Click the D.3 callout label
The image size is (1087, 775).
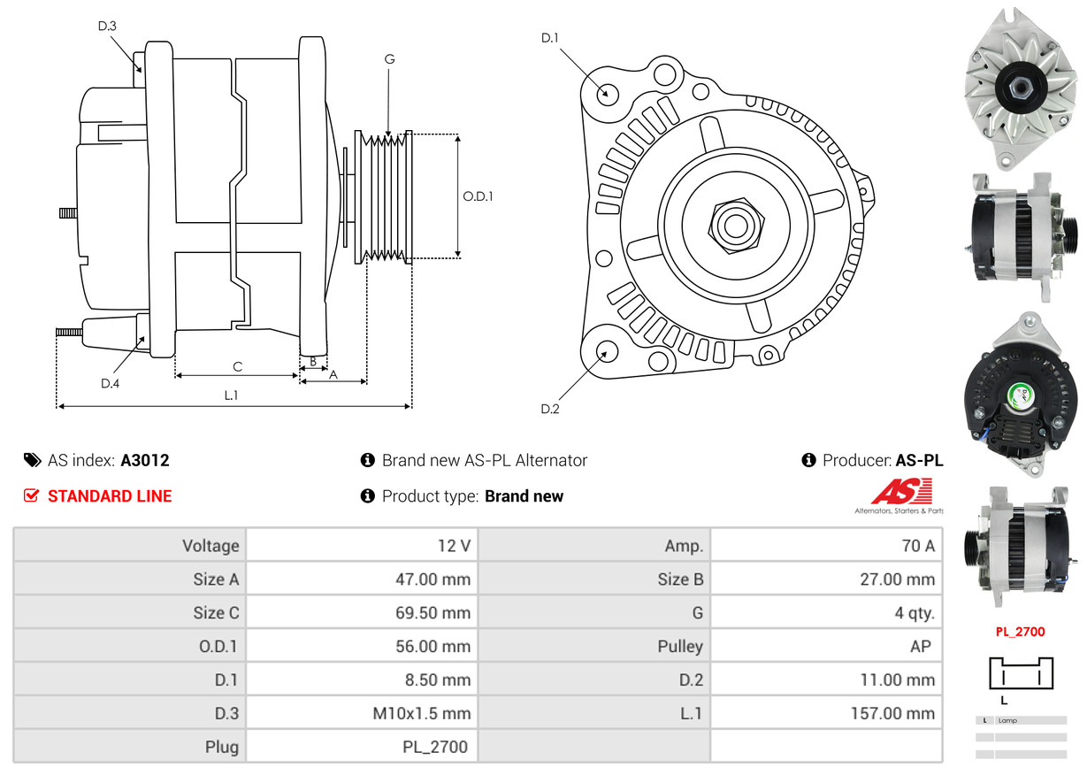coord(107,26)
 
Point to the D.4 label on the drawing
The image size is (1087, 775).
coord(110,383)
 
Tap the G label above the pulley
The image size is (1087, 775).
coord(389,59)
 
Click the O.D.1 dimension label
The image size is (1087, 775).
coord(478,196)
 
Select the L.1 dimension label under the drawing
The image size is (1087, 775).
coord(231,395)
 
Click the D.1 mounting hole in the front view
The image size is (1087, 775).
coord(607,93)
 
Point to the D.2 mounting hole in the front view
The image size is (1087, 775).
coord(607,352)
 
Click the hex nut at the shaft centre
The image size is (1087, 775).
coord(734,225)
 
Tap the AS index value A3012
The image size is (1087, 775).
coord(145,460)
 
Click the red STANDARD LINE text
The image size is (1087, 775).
coord(110,496)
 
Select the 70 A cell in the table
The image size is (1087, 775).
coord(917,546)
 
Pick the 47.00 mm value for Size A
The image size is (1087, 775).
coord(433,579)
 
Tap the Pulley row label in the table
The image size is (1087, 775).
coord(680,646)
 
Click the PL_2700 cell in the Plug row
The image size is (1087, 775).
coord(434,747)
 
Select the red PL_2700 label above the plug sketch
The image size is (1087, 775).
coord(1020,632)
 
